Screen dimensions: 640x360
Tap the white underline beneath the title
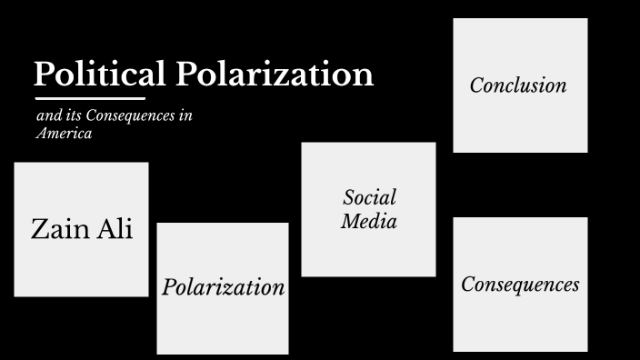click(x=90, y=97)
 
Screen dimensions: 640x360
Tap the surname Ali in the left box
click(x=113, y=229)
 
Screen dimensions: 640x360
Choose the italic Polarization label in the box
click(x=223, y=287)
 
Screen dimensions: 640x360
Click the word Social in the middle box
click(x=369, y=197)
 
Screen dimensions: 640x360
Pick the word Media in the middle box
click(x=369, y=220)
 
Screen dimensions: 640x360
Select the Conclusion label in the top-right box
click(x=518, y=85)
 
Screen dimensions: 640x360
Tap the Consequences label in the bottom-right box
click(x=520, y=285)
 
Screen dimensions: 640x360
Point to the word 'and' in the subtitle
click(x=47, y=117)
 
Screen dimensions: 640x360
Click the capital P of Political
click(x=44, y=74)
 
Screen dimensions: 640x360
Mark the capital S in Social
click(x=348, y=197)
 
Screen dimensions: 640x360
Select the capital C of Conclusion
click(x=476, y=85)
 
